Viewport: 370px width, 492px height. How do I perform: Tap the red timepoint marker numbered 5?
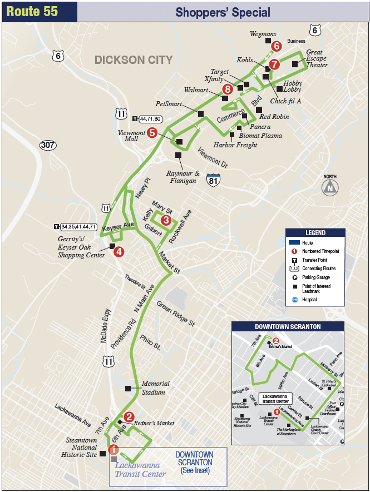click(x=152, y=132)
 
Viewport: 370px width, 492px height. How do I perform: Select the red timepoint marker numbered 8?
click(x=226, y=89)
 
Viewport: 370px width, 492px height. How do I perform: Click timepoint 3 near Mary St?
click(x=165, y=220)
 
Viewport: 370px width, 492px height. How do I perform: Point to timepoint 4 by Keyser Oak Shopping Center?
click(x=119, y=251)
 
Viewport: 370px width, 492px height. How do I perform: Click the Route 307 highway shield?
click(x=48, y=145)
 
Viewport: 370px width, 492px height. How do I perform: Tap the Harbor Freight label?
click(x=235, y=145)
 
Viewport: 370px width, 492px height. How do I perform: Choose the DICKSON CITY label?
click(x=134, y=60)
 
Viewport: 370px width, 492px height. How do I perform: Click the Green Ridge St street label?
click(x=175, y=314)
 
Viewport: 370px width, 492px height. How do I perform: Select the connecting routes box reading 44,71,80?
click(x=150, y=118)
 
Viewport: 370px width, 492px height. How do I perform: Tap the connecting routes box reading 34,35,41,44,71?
click(x=78, y=227)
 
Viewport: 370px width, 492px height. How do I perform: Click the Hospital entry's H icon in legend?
click(x=295, y=300)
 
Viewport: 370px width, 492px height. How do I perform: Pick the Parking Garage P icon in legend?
click(x=295, y=277)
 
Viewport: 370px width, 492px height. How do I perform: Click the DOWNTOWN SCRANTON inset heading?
click(x=287, y=326)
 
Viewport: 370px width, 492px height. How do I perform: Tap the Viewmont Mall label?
click(x=132, y=136)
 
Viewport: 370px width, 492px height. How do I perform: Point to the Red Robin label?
click(x=274, y=117)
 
